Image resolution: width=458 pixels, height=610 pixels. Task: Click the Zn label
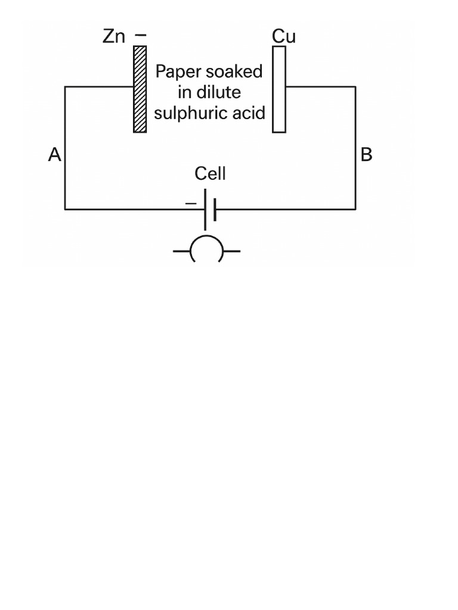pos(114,36)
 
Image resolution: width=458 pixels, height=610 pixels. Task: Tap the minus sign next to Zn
pos(140,36)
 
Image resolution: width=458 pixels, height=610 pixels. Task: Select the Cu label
pos(284,36)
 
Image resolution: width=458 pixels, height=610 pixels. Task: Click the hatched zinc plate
pos(140,89)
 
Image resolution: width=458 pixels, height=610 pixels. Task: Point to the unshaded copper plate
pos(278,89)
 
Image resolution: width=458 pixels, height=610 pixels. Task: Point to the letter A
pos(54,155)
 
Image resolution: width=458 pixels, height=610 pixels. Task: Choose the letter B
pos(366,155)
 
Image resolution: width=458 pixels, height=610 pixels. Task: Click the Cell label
pos(210,173)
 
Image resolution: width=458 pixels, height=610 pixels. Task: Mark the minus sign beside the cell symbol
pos(190,204)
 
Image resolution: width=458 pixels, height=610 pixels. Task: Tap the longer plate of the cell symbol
pos(206,210)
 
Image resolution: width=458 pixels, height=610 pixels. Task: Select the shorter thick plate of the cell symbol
pos(215,210)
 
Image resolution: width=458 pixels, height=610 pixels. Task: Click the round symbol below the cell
pos(206,251)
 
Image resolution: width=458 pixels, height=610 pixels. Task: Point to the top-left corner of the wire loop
pos(65,87)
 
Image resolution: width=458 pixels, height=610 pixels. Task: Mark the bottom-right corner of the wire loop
pos(355,210)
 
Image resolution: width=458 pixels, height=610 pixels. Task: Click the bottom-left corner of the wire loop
pos(65,210)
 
